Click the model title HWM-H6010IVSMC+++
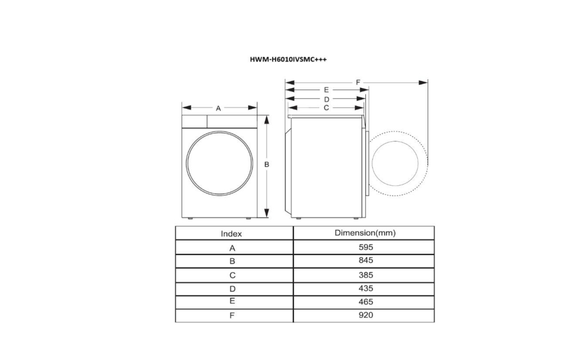click(288, 59)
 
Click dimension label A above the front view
click(218, 108)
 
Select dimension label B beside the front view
click(267, 164)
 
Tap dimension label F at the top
click(358, 82)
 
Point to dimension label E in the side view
click(326, 90)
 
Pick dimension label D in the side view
click(327, 99)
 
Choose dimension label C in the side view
click(326, 108)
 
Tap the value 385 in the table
click(365, 275)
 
